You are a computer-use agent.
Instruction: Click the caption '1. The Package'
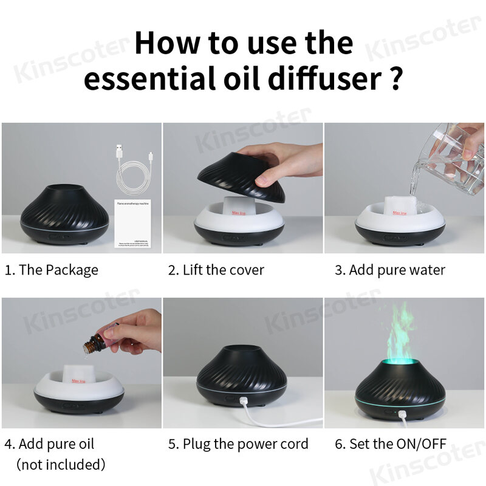(x=52, y=270)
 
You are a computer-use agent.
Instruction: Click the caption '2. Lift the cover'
(x=216, y=270)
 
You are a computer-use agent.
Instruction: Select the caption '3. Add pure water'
(x=390, y=270)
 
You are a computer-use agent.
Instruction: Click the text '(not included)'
(x=61, y=465)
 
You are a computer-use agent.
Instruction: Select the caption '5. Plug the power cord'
(x=239, y=444)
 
